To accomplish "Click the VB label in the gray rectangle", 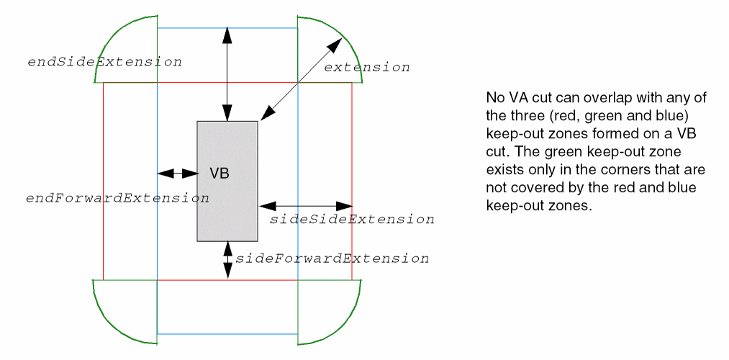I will click(x=219, y=174).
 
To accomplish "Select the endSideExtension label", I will click(x=104, y=62).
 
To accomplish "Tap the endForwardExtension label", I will click(x=117, y=198).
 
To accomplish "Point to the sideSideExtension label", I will click(x=352, y=219).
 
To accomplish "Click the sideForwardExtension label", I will click(x=332, y=258).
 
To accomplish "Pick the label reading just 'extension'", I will click(x=367, y=68).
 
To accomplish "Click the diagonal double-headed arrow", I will click(x=301, y=79).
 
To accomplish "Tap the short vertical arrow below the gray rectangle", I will click(x=228, y=260).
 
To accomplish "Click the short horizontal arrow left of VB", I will click(x=178, y=174).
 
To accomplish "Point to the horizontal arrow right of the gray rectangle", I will click(x=304, y=207).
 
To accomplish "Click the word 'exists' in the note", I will click(x=503, y=170).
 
